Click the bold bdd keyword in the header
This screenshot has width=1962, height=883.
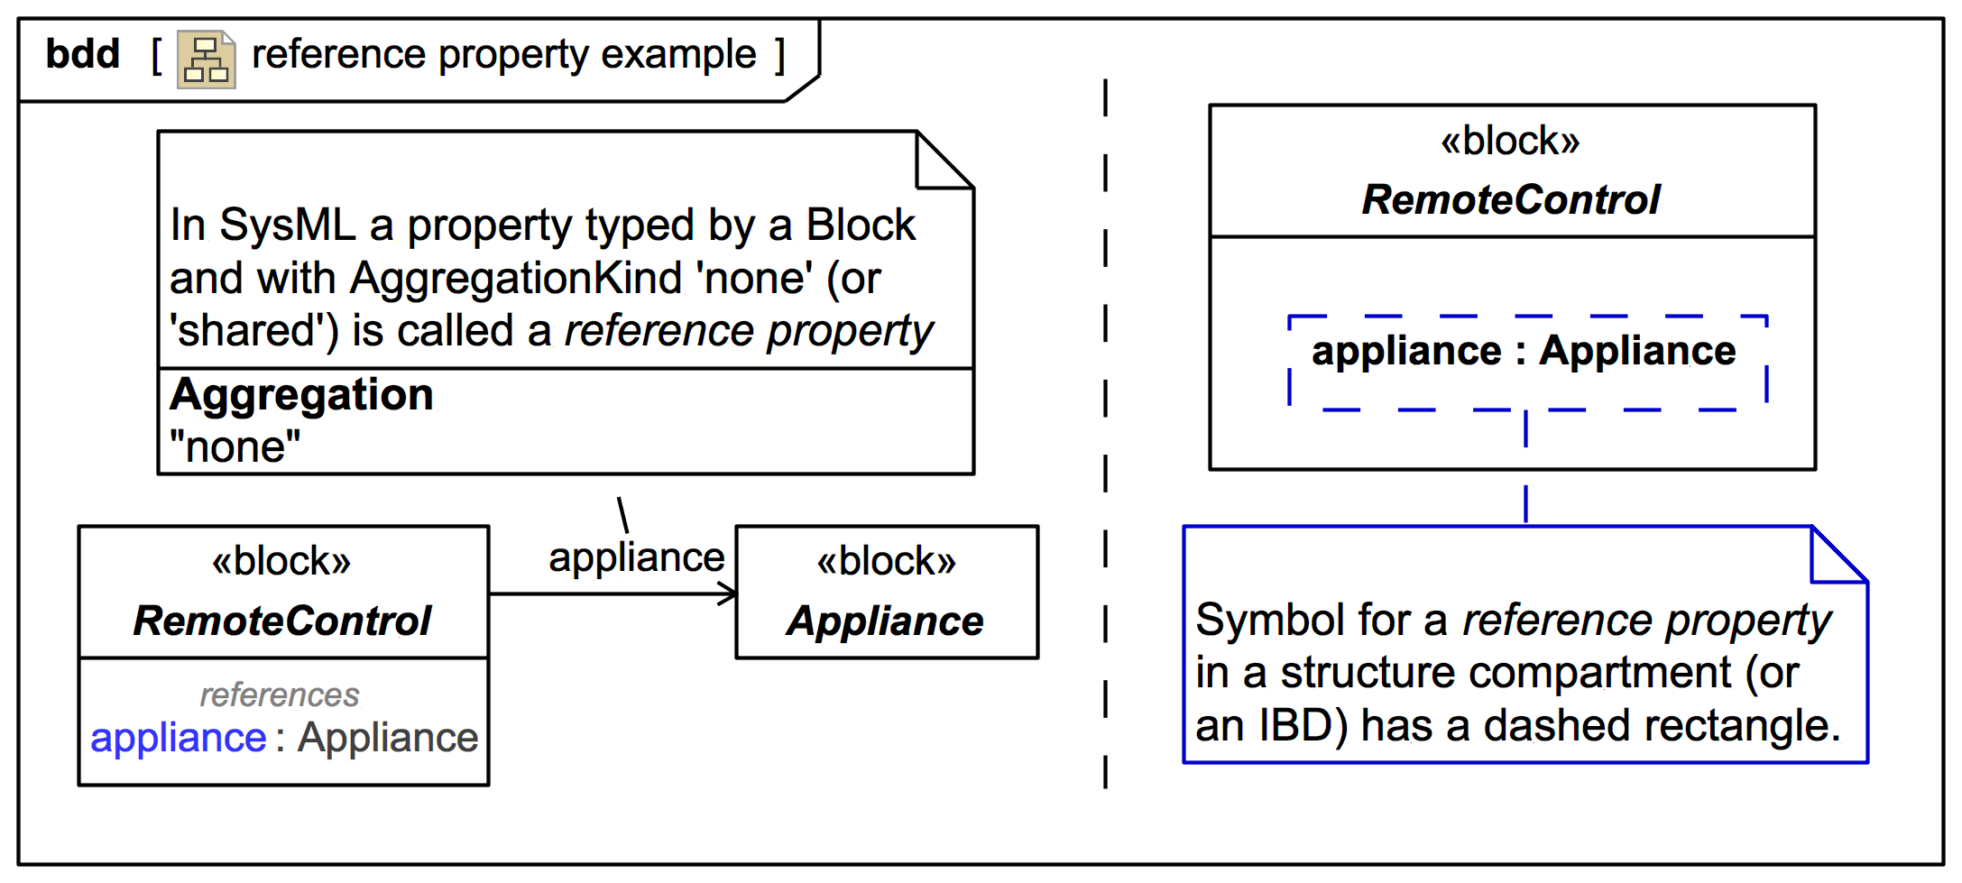click(x=82, y=54)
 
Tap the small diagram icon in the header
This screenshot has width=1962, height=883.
click(x=207, y=60)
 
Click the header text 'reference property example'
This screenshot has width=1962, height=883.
click(x=503, y=55)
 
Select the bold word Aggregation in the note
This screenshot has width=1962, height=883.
click(x=301, y=395)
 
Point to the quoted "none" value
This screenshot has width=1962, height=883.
click(x=235, y=446)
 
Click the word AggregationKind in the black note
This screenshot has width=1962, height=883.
click(x=515, y=278)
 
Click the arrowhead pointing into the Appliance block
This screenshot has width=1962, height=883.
click(x=728, y=593)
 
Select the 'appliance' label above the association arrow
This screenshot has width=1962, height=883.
click(x=636, y=557)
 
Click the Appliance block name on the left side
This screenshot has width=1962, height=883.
click(x=885, y=621)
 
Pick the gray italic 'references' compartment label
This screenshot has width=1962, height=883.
click(x=280, y=694)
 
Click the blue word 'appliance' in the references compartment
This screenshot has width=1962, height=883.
click(x=179, y=738)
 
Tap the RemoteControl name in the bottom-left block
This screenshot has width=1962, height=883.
click(x=282, y=621)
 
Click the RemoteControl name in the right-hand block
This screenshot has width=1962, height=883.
click(x=1511, y=200)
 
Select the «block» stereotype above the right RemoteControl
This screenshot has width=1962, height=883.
click(x=1511, y=142)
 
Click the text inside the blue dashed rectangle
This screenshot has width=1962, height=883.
click(x=1524, y=351)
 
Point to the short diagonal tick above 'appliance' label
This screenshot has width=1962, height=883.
click(x=622, y=515)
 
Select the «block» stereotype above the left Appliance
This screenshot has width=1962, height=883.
click(x=886, y=561)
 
